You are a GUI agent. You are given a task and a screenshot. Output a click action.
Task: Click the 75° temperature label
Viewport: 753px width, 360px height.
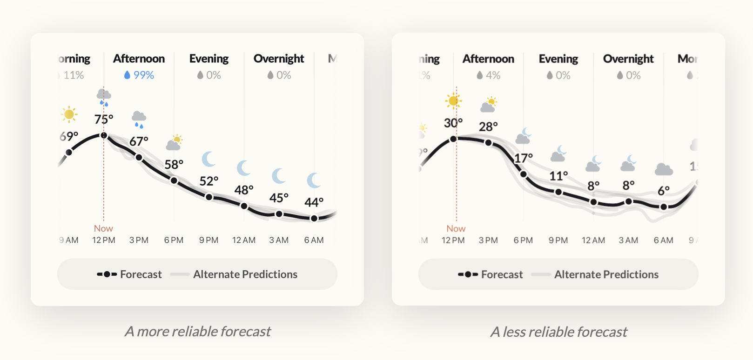click(104, 120)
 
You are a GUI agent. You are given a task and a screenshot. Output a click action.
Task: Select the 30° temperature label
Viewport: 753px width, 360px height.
click(453, 123)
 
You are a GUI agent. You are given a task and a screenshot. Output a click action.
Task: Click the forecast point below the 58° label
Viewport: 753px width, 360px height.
click(174, 180)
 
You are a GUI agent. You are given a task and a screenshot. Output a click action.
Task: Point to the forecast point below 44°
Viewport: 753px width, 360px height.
click(314, 218)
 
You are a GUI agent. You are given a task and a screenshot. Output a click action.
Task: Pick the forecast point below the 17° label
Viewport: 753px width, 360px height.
click(524, 174)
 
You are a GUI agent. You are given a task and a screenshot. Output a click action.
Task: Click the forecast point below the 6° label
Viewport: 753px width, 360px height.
click(664, 207)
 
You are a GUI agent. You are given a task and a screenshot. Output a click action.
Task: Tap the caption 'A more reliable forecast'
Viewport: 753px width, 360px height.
click(197, 332)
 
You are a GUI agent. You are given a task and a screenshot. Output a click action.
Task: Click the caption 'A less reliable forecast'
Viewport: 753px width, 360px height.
click(558, 332)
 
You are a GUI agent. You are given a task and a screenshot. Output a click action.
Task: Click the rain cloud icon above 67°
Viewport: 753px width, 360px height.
click(139, 119)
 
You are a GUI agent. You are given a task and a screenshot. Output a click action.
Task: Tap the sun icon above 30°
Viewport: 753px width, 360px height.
click(453, 101)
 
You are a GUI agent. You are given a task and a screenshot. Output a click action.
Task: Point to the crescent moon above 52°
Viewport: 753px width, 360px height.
click(209, 159)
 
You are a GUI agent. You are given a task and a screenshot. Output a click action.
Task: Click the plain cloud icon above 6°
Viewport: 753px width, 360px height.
click(664, 169)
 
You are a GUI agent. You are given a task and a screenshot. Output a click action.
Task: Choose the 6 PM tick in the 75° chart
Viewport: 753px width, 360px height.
click(174, 240)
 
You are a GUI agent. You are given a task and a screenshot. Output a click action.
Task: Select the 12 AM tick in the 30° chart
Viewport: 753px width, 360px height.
click(593, 240)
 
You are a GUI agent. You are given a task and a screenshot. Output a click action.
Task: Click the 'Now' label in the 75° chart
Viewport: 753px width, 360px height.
click(103, 228)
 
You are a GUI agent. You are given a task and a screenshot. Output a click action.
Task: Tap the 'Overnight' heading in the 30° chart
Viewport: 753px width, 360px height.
click(628, 59)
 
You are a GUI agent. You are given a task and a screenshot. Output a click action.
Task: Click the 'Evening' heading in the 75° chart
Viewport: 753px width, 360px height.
click(209, 59)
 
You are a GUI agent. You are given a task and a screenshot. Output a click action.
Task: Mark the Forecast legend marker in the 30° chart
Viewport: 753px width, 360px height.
click(468, 274)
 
